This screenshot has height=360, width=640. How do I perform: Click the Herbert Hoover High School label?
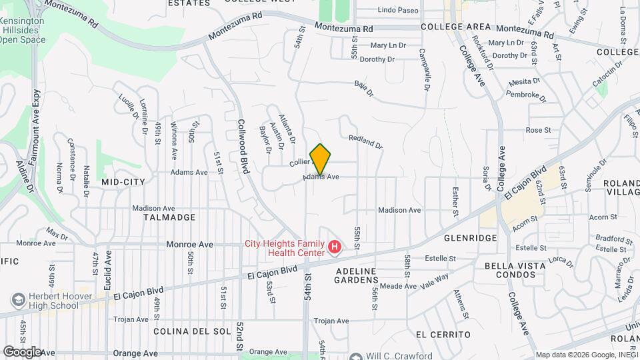[53, 301]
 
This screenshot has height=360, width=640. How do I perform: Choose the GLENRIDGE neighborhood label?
[473, 238]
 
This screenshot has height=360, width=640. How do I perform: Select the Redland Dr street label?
[366, 141]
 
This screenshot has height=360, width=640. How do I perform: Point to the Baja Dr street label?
[363, 89]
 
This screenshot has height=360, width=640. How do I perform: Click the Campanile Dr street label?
[424, 70]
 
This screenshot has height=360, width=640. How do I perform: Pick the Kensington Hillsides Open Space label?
[23, 31]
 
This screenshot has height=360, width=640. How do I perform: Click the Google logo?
[21, 351]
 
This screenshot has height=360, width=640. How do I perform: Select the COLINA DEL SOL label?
[191, 331]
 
